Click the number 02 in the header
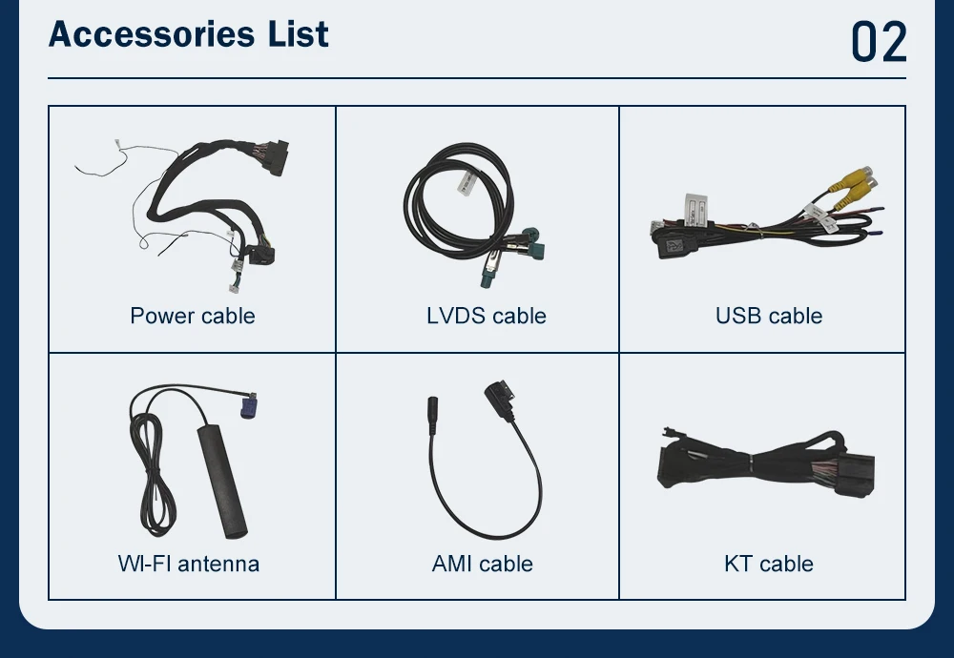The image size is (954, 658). [x=878, y=41]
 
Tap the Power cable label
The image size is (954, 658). [x=193, y=316]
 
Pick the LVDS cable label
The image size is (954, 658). [x=487, y=316]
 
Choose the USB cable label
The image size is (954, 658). [x=769, y=316]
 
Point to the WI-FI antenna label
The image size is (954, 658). [x=189, y=564]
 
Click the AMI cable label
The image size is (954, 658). [x=482, y=564]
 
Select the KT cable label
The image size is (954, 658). [x=769, y=564]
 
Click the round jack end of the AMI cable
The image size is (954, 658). [x=429, y=416]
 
